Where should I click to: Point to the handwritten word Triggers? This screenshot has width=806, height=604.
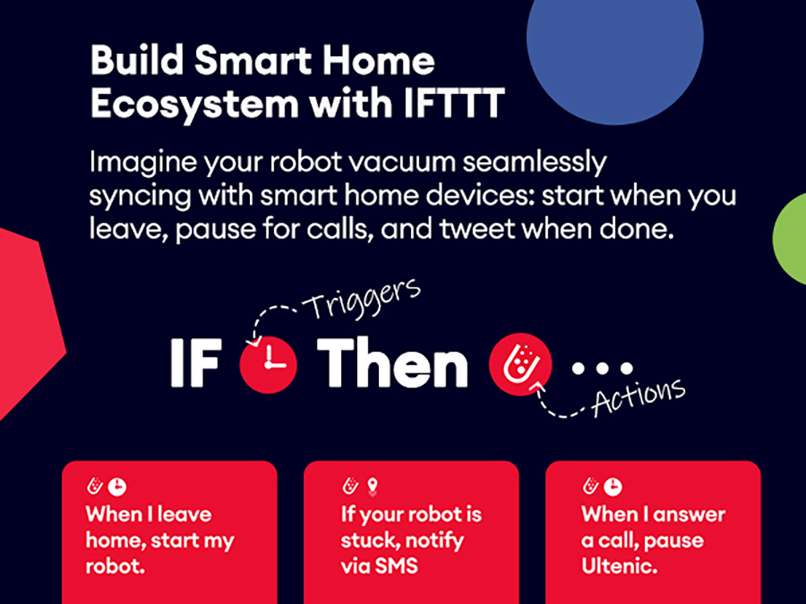[361, 300]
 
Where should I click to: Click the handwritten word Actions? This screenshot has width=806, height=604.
[638, 396]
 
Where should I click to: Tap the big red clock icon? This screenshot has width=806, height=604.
[268, 365]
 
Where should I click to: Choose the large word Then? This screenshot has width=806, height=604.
[393, 362]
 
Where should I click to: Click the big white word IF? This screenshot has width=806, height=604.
[196, 362]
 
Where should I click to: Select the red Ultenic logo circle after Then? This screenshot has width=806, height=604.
[520, 364]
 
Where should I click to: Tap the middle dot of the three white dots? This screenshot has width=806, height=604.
[602, 368]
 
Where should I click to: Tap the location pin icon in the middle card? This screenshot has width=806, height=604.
[373, 486]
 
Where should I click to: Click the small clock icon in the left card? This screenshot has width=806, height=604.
[117, 487]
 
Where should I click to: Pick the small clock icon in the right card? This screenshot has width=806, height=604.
[613, 487]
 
